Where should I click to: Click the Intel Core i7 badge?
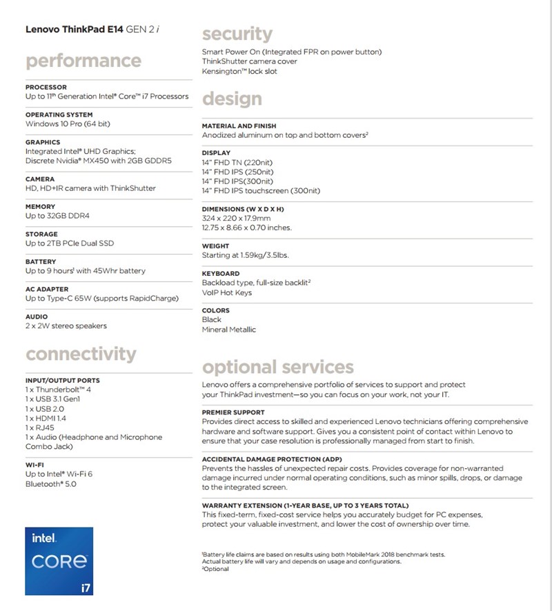point(59,561)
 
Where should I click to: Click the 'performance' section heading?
point(83,61)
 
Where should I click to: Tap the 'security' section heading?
point(237,34)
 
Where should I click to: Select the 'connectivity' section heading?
point(81,354)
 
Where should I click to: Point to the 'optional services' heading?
point(277,366)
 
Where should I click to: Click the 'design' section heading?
point(232,99)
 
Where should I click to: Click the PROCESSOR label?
point(46,88)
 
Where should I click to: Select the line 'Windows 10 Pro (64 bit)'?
point(68,124)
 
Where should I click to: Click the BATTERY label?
point(41,262)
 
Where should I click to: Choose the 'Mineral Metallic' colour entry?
point(228,330)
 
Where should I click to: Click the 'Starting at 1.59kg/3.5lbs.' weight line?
point(245,255)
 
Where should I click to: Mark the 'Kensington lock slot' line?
point(239,71)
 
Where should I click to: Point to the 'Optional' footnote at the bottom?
point(215,569)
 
